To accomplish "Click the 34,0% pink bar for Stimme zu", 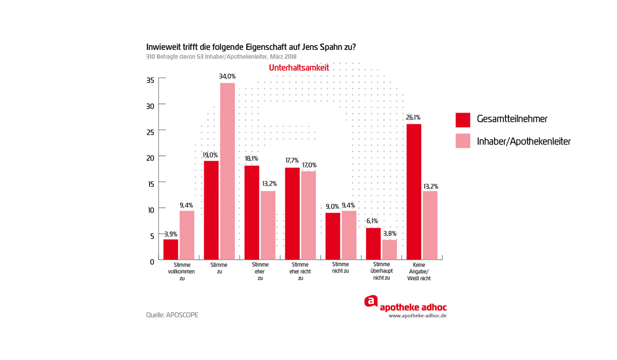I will coord(227,171).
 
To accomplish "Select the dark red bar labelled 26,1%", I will coord(414,191).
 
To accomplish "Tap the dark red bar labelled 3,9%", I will coord(171,249).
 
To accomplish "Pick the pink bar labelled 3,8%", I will coord(390,249).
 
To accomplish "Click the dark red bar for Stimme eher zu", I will coord(252,212).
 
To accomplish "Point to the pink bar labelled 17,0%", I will coord(308,215).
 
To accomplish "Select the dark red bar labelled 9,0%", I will coord(333,236).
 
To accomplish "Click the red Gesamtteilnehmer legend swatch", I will coord(463,120).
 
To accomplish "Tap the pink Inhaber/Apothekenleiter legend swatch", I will coord(463,141).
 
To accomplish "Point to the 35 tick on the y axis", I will coord(150,80).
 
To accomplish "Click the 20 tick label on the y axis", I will coord(150,158).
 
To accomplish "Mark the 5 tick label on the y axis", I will coord(152,236).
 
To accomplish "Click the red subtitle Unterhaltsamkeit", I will coord(299,68).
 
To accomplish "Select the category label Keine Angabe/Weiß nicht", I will coord(422,272).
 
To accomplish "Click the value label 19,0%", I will coord(210,155).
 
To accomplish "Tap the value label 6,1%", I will coord(372,221).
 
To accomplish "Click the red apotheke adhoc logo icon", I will coord(371,302).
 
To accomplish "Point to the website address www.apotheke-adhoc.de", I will coord(418,316).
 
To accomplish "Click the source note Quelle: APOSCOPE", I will coord(172,315).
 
